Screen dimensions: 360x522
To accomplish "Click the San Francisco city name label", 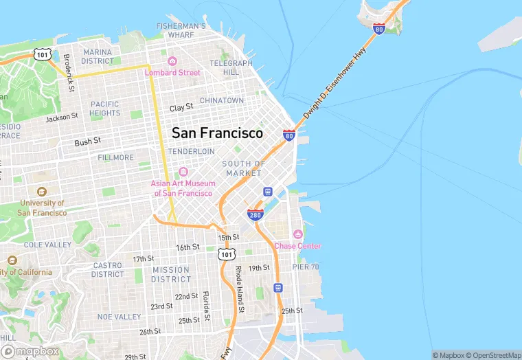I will tap(217, 133).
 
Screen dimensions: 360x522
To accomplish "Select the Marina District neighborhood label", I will tap(97, 56).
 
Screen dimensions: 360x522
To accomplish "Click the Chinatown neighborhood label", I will tap(222, 100).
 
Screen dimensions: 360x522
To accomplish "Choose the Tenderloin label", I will tap(192, 150).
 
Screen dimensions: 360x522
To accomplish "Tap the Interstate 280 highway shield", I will tap(255, 214).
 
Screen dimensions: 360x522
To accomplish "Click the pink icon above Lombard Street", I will tap(172, 61).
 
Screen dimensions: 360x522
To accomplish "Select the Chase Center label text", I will tap(297, 246).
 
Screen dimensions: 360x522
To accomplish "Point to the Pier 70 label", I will tap(306, 267).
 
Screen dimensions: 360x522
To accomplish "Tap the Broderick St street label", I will tap(68, 73).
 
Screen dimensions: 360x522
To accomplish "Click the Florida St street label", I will tap(205, 306).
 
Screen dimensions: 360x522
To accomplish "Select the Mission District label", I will tap(171, 275).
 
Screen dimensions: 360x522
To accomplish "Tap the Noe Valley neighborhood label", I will tap(119, 317).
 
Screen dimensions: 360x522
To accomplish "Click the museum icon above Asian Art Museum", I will tap(183, 172).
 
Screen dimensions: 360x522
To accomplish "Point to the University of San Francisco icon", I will tap(42, 192).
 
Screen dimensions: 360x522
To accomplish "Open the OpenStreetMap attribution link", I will tap(494, 355).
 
